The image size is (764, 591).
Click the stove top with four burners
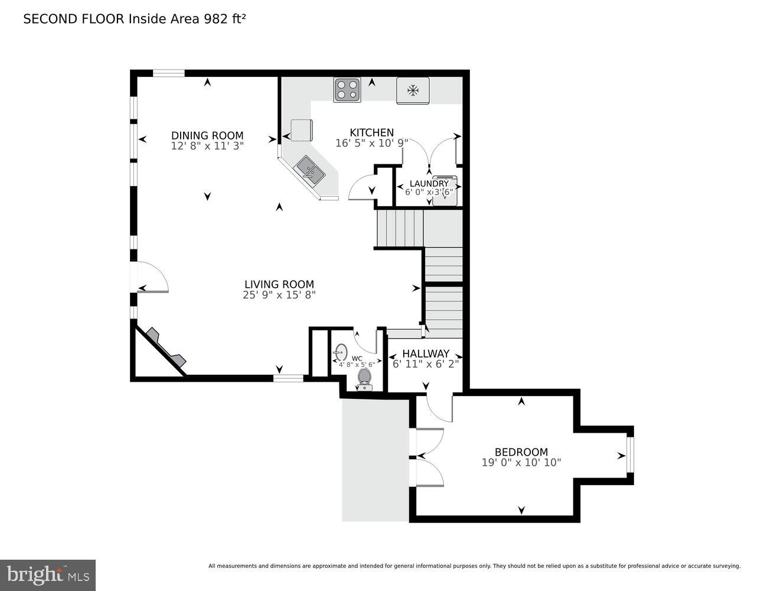(347, 90)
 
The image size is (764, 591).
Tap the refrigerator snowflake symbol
(413, 90)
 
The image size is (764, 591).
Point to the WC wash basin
(341, 352)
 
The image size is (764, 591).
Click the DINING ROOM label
(207, 135)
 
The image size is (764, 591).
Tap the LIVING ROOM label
(279, 284)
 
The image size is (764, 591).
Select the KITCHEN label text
(371, 132)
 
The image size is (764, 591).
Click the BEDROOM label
(521, 452)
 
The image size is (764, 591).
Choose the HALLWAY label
(426, 353)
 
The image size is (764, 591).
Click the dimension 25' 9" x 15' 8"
(279, 295)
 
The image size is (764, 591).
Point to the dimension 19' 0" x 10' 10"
(521, 463)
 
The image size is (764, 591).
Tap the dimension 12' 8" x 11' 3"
(207, 145)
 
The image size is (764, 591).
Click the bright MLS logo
(48, 574)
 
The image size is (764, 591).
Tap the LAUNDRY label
(429, 183)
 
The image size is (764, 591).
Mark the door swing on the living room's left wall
(152, 278)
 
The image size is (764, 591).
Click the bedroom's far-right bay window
(630, 454)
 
